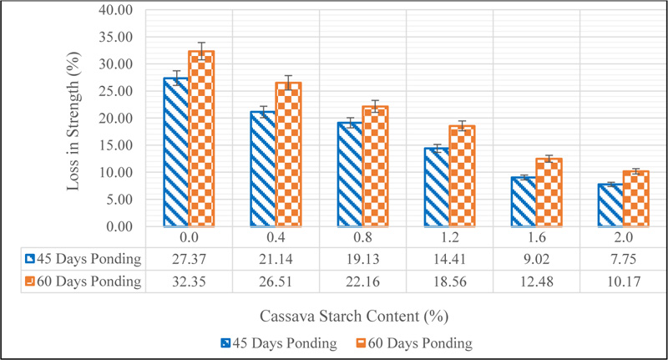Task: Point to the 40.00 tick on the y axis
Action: pyautogui.click(x=116, y=10)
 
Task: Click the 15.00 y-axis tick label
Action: pyautogui.click(x=116, y=145)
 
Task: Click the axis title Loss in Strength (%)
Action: pyautogui.click(x=73, y=119)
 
